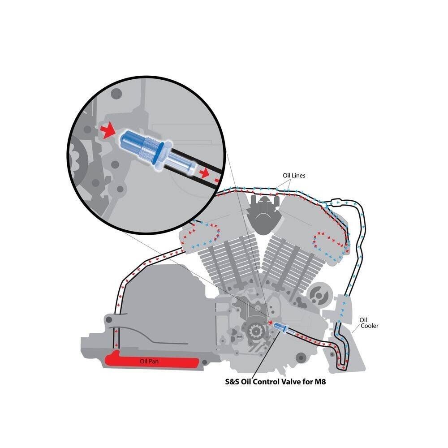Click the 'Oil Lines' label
point(294,176)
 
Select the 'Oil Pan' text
point(149,362)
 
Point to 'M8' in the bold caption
point(320,382)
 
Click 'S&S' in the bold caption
point(232,382)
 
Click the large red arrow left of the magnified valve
point(108,131)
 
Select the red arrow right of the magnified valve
point(205,173)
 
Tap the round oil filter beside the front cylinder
point(320,295)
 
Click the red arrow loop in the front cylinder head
point(328,240)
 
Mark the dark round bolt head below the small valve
point(300,358)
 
